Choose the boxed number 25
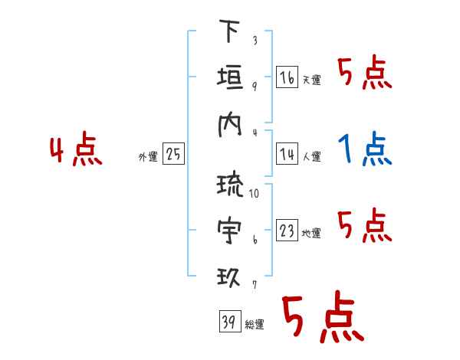tap(173, 155)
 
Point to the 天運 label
tap(311, 80)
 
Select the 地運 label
tap(311, 234)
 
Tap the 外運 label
tap(148, 157)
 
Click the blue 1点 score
tap(365, 149)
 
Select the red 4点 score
tap(76, 150)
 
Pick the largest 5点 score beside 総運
tap(321, 317)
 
